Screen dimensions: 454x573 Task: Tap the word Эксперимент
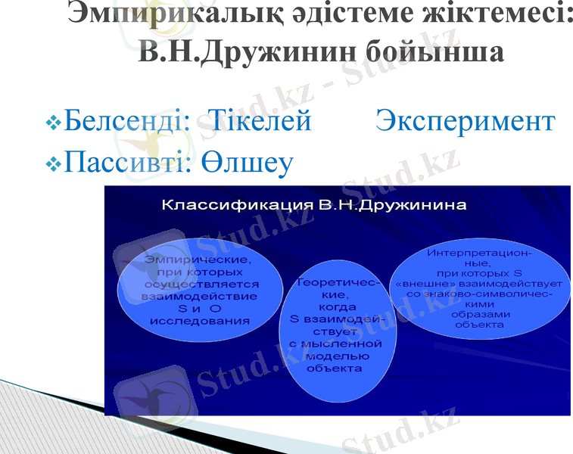click(x=466, y=121)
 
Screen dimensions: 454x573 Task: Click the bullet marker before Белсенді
click(x=53, y=122)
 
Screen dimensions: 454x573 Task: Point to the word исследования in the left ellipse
click(x=200, y=320)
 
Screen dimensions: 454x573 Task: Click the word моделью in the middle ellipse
click(x=338, y=356)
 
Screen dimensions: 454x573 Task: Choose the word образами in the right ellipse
click(x=479, y=313)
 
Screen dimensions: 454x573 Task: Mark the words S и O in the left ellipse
click(x=200, y=308)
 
